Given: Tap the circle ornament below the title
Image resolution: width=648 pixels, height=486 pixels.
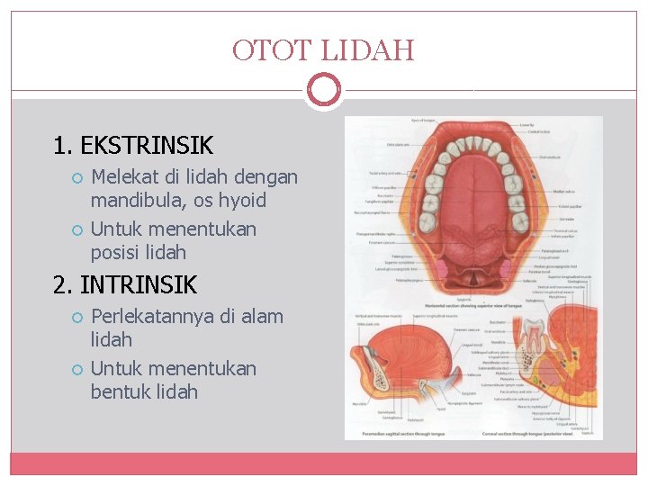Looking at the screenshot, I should coord(324,90).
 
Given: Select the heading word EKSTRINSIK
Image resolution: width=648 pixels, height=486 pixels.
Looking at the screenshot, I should coord(147,145).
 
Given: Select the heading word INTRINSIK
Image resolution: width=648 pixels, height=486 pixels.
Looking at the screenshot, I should coord(139,285).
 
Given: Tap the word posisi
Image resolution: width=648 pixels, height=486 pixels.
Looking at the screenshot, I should coord(116,252).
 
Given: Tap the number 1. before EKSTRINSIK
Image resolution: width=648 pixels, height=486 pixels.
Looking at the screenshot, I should coord(62,145).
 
